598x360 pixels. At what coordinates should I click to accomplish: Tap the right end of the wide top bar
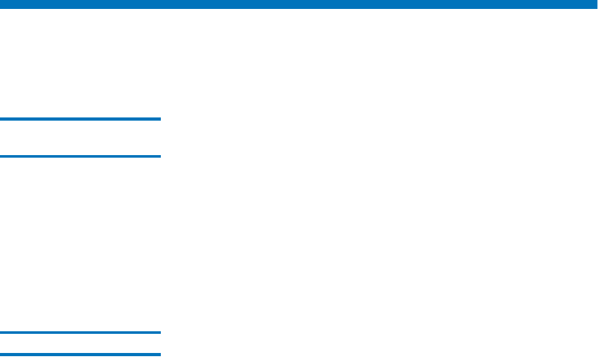click(x=594, y=4)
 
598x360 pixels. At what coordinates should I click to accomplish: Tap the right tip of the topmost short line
click(x=160, y=119)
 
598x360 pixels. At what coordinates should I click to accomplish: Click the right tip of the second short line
click(x=160, y=156)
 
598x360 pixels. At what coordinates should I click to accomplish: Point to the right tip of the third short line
click(x=160, y=332)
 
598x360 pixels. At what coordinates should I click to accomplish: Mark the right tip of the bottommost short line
click(x=160, y=354)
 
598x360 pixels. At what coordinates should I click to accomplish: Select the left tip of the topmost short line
click(x=1, y=119)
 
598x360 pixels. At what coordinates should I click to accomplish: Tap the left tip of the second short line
click(x=1, y=156)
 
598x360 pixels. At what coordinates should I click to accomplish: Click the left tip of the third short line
click(x=1, y=332)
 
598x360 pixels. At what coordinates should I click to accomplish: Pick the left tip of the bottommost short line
click(x=1, y=354)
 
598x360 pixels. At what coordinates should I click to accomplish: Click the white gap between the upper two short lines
click(x=80, y=137)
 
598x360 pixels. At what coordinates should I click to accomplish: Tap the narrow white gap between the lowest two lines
click(x=80, y=343)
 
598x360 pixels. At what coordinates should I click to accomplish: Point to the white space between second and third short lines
click(x=80, y=244)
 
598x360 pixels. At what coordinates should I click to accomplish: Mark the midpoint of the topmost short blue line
click(x=80, y=119)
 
